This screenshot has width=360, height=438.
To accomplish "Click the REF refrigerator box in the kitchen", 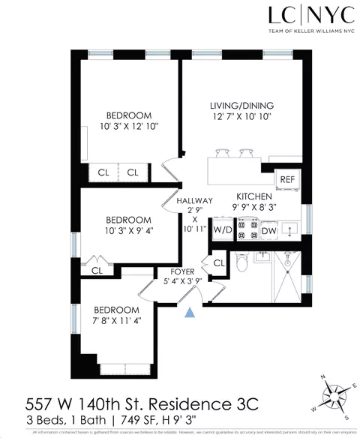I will click(x=287, y=179).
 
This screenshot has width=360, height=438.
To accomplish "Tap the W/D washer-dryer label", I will click(x=223, y=229).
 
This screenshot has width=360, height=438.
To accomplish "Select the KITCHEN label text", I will click(x=253, y=194).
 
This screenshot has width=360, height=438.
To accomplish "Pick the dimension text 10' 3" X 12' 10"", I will click(x=129, y=127).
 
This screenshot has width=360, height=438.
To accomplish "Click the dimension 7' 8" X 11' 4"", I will click(x=116, y=321).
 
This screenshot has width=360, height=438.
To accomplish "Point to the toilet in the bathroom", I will click(x=240, y=263).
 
